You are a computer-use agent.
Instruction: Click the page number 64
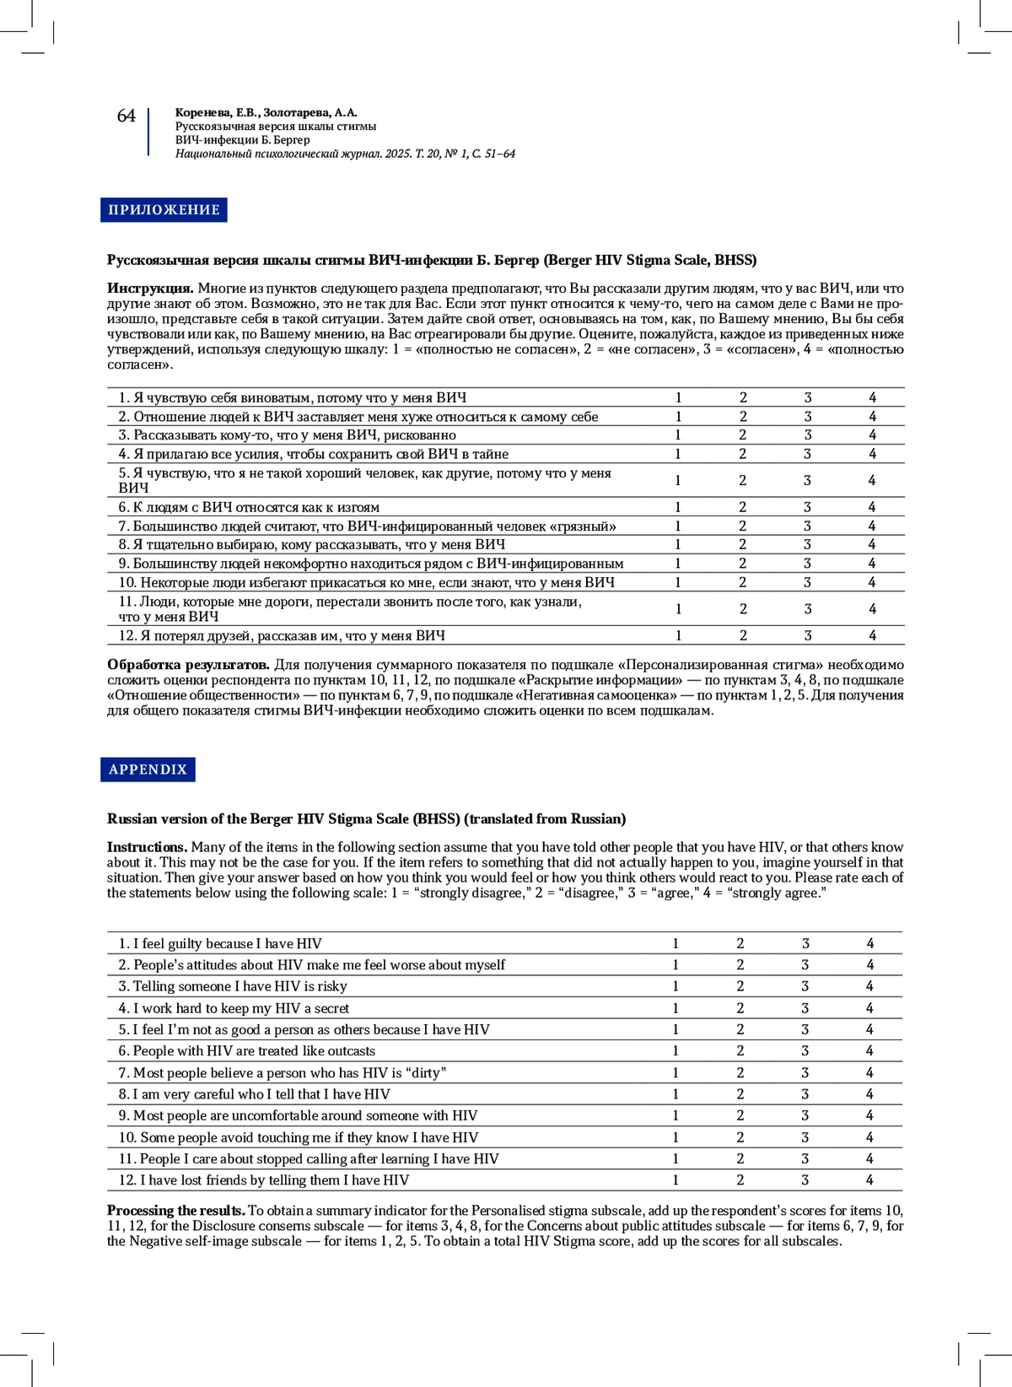pyautogui.click(x=126, y=116)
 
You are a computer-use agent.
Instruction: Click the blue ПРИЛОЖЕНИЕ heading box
pyautogui.click(x=164, y=210)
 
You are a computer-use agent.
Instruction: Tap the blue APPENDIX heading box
pyautogui.click(x=148, y=769)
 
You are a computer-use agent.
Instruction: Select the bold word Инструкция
pyautogui.click(x=150, y=289)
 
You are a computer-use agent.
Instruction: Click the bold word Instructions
pyautogui.click(x=147, y=847)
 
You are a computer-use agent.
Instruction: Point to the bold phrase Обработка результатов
pyautogui.click(x=188, y=665)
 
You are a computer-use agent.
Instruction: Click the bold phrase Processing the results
pyautogui.click(x=175, y=1211)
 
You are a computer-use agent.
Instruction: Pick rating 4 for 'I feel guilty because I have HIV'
pyautogui.click(x=870, y=944)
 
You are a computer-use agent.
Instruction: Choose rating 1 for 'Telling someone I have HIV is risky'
pyautogui.click(x=676, y=986)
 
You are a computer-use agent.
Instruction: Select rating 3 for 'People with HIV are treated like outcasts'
pyautogui.click(x=805, y=1051)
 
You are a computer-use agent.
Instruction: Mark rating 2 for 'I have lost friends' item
pyautogui.click(x=740, y=1180)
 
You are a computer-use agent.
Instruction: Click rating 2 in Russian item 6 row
pyautogui.click(x=743, y=507)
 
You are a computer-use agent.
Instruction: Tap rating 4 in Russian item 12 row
pyautogui.click(x=872, y=635)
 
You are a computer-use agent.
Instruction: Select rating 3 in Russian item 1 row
pyautogui.click(x=808, y=397)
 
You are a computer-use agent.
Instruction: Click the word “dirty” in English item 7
pyautogui.click(x=427, y=1073)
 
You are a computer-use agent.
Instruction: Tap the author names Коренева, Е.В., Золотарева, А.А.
pyautogui.click(x=266, y=112)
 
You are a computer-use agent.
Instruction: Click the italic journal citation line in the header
pyautogui.click(x=345, y=154)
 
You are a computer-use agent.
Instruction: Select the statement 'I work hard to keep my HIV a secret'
pyautogui.click(x=234, y=1008)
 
